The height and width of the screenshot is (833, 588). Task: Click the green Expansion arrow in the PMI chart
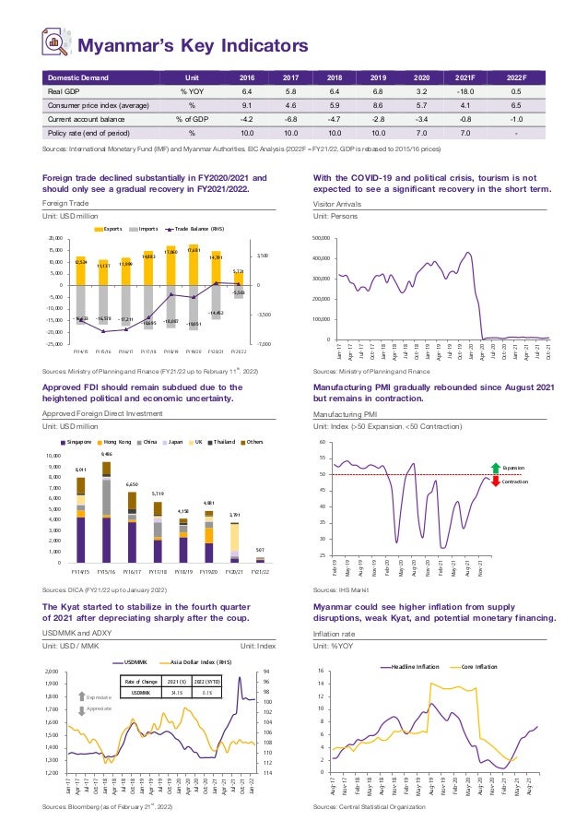(495, 468)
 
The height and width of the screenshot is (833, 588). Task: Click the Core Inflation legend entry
(474, 665)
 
